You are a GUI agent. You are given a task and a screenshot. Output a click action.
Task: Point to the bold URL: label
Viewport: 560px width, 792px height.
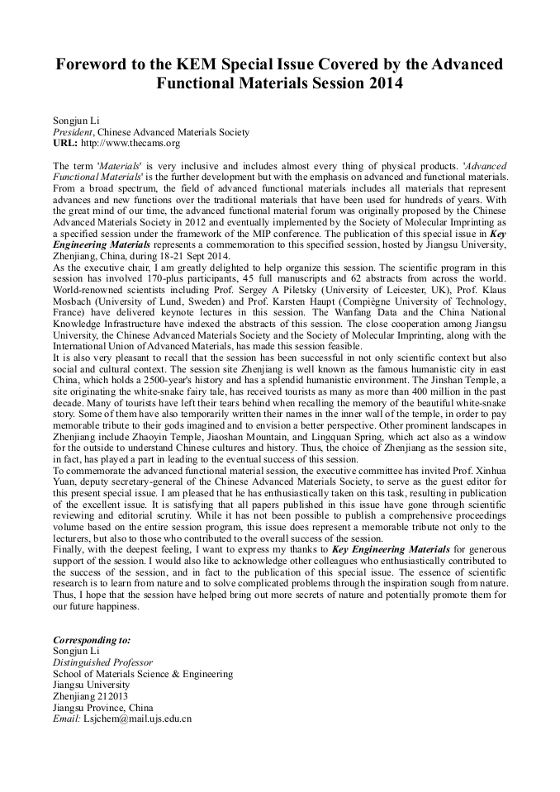coord(64,143)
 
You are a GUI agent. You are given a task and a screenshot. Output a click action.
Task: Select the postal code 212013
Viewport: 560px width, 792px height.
coord(112,696)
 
